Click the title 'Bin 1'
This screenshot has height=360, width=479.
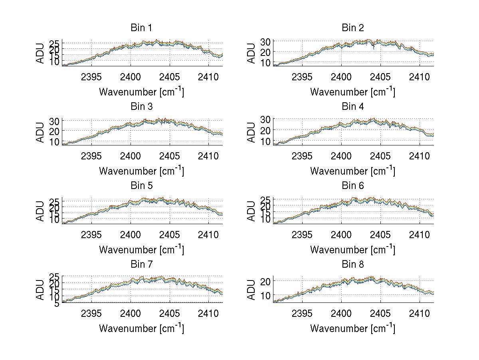141,28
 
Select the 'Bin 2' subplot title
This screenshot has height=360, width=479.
352,28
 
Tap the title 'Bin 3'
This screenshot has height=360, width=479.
141,107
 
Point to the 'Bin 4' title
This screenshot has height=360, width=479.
352,107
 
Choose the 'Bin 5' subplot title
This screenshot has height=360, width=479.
141,186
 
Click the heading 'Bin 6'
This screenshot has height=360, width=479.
352,186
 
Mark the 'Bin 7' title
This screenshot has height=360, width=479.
141,265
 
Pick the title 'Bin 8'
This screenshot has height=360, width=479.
352,265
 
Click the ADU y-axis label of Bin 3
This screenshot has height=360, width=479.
40,133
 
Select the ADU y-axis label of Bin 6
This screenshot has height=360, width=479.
251,211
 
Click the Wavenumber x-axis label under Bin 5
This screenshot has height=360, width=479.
141,249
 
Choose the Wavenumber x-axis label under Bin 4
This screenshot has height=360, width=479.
352,171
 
